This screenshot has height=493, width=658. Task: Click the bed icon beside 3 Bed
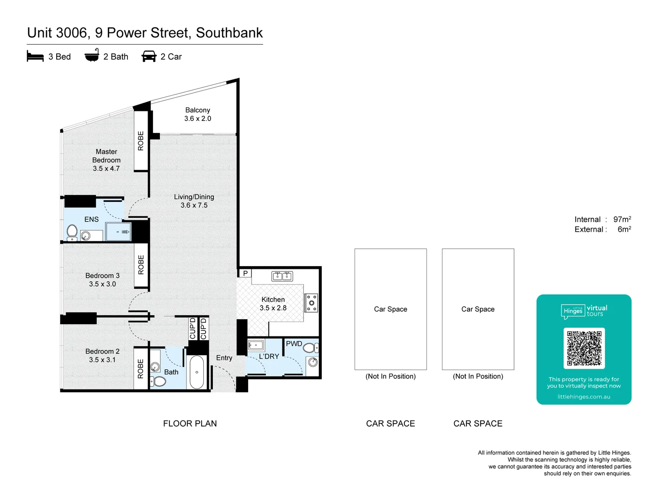point(35,57)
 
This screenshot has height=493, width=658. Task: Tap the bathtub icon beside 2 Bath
point(92,55)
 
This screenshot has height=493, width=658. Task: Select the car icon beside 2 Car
point(149,56)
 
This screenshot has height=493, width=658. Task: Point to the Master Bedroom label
point(106,160)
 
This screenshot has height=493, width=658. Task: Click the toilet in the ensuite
point(72,232)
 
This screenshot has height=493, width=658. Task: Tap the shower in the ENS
point(118,232)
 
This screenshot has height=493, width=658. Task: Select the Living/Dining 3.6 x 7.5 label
point(194,201)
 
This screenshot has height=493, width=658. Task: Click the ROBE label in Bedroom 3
point(141,265)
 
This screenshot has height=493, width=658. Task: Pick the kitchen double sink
point(282,276)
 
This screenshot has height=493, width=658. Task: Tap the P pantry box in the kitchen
point(245,273)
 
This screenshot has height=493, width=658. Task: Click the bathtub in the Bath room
point(196,372)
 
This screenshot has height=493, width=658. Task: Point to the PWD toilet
point(309,348)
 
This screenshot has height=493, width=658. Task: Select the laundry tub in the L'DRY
point(256,345)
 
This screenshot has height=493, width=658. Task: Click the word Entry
point(224,358)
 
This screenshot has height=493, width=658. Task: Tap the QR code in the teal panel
point(584,348)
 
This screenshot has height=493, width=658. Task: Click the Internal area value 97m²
point(622,220)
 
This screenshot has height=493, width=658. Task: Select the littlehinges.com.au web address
point(584,397)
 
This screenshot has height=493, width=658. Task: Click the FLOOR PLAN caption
point(190,424)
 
